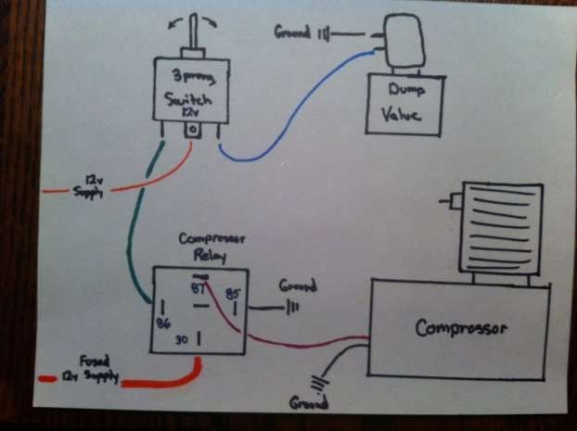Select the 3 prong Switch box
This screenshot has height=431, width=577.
(x=190, y=90)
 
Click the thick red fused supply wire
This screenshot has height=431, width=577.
(x=158, y=382)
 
